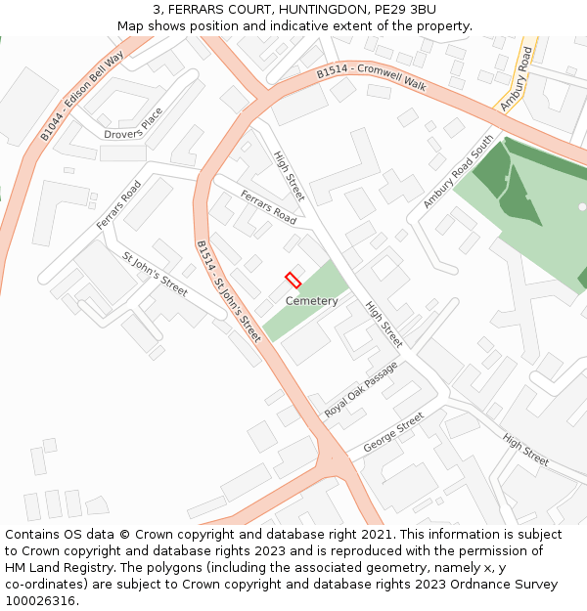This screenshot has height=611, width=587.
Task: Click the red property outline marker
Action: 293,279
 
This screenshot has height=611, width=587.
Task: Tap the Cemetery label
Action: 311,301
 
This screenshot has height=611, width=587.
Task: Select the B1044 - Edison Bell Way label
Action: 82,97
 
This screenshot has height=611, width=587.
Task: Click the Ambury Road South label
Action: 459,172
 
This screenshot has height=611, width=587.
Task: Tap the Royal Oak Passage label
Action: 362,391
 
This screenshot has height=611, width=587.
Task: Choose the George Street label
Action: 393,432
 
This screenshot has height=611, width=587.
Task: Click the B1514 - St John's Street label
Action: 228,291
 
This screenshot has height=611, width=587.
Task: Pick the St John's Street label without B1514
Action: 155,274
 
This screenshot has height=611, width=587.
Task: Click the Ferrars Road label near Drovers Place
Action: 118,205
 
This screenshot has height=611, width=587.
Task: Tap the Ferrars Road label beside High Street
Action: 268,207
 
